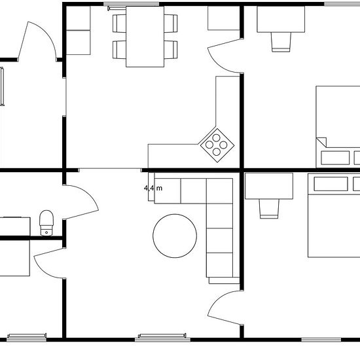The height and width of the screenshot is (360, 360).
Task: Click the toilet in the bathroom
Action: [x=46, y=223]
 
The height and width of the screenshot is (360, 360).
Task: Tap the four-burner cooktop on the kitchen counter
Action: [x=217, y=145]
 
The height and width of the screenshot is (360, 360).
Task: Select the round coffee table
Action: [x=175, y=236]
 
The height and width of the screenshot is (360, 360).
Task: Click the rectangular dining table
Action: [x=145, y=37]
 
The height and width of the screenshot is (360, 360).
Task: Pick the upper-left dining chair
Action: [x=119, y=24]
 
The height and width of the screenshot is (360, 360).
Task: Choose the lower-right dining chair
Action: [x=171, y=50]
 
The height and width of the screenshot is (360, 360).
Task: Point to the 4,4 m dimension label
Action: [x=153, y=189]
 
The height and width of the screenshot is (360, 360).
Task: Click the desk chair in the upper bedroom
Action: [x=281, y=42]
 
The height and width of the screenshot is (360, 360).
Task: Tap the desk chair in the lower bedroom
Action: [x=269, y=209]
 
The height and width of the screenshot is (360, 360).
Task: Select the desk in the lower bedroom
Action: [x=269, y=186]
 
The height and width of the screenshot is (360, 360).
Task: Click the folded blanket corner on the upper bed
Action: [x=322, y=141]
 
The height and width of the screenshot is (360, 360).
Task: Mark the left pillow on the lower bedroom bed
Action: [x=331, y=184]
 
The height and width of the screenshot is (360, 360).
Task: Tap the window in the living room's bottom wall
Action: [x=162, y=338]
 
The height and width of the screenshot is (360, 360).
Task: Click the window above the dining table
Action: [x=131, y=4]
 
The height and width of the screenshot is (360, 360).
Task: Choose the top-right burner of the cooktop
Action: [x=223, y=145]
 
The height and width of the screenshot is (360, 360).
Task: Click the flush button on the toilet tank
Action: [x=46, y=232]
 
